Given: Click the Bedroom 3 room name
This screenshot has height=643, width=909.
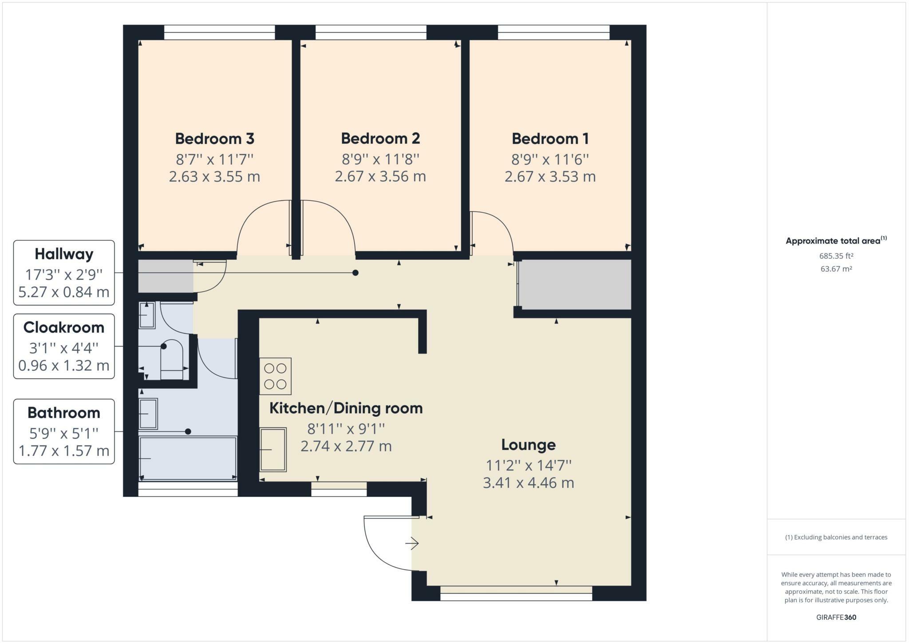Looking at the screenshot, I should (214, 139).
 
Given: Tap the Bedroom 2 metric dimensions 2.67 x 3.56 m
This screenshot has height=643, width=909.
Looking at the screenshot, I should (380, 176).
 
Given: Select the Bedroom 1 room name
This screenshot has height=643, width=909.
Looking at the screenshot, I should (550, 139).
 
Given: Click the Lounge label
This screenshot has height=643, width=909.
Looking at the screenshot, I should (528, 445).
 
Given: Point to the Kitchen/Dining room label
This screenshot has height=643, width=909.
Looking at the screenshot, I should (346, 408).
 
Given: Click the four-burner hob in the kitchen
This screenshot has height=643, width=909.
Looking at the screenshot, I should (275, 376).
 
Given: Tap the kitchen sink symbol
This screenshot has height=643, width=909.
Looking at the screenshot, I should (273, 449).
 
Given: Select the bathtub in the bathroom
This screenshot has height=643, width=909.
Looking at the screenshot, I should (188, 458).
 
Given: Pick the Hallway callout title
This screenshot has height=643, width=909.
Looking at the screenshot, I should (64, 254).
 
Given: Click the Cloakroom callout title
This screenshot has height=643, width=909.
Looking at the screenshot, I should (64, 327).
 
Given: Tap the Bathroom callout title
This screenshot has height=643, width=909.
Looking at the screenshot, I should (64, 413).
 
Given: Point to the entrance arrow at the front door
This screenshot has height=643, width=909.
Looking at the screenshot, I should (412, 543).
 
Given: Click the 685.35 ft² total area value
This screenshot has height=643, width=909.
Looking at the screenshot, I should (836, 256).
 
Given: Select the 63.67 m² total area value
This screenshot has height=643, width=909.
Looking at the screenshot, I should (836, 269).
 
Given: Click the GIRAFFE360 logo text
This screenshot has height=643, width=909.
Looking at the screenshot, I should (836, 617).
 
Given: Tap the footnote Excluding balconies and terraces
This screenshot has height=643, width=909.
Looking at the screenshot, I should (836, 537).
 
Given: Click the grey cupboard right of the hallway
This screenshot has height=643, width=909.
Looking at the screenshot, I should (575, 285).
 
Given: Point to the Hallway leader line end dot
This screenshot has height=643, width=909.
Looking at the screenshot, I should (356, 273).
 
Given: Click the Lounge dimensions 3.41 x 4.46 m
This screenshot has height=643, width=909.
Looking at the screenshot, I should (528, 483).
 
